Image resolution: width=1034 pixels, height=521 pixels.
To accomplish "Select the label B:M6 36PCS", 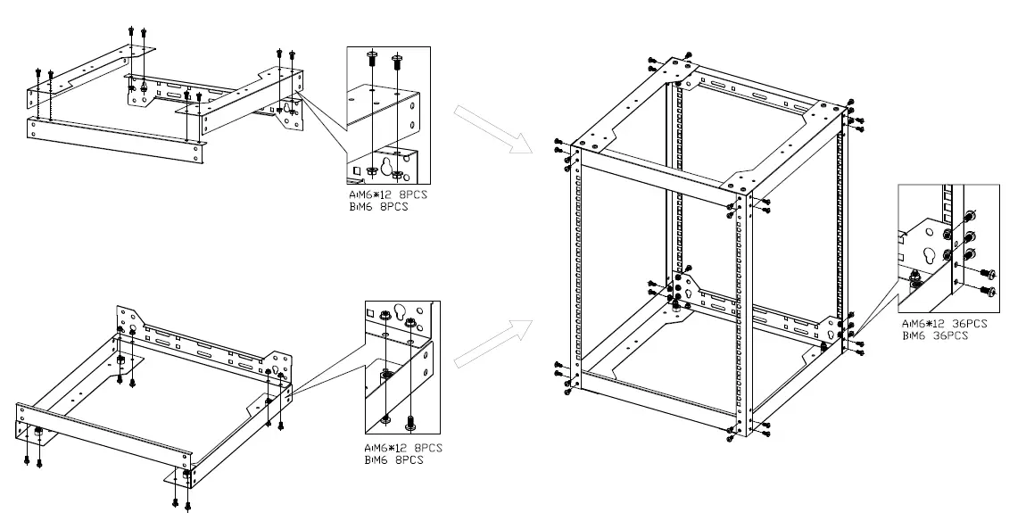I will [934, 335].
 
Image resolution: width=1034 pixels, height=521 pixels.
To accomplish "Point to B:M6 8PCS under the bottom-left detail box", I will [393, 459].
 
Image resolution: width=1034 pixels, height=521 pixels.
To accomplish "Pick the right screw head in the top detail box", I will [399, 60].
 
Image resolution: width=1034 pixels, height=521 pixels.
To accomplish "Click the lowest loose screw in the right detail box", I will [988, 291].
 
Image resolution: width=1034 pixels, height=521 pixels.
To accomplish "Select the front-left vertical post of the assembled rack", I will [576, 268].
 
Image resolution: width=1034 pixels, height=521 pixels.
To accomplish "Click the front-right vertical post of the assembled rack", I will [740, 312].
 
